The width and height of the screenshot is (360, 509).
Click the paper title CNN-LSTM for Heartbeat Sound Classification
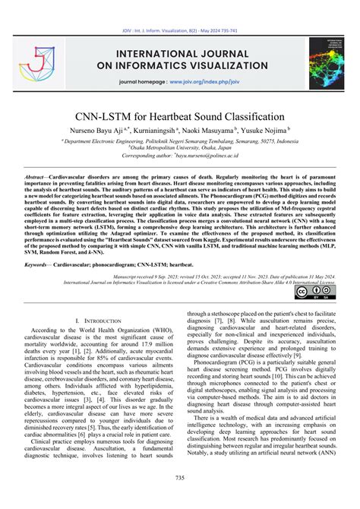tap(180, 118)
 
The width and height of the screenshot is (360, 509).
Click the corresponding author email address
tap(216, 155)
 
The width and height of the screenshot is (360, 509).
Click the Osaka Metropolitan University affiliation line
tap(180, 147)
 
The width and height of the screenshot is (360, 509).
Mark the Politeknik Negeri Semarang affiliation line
tap(180, 141)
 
